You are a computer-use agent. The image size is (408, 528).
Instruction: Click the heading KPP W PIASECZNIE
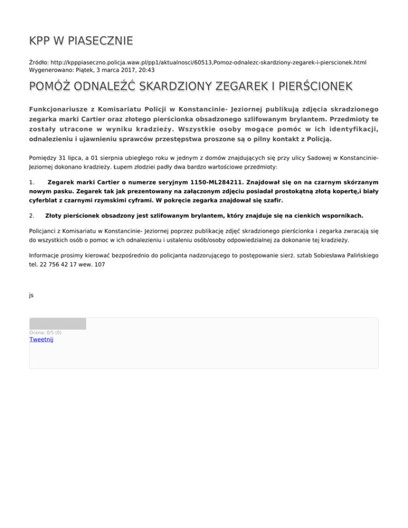pos(81,41)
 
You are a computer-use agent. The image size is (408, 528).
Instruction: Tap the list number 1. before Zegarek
pos(32,182)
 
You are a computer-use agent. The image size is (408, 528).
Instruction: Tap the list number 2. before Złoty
pos(32,216)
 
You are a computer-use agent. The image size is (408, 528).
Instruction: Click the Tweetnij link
pos(41,340)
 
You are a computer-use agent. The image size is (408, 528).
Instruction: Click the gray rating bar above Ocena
pos(57,323)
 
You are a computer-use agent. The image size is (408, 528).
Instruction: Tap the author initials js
pos(31,294)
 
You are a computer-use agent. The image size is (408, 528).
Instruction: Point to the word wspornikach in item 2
pos(341,216)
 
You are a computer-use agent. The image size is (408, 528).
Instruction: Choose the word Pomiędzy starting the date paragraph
pos(45,157)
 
